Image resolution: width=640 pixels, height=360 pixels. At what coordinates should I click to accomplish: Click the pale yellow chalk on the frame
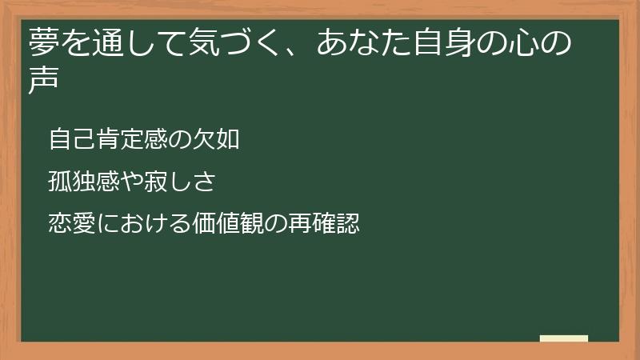563,338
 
